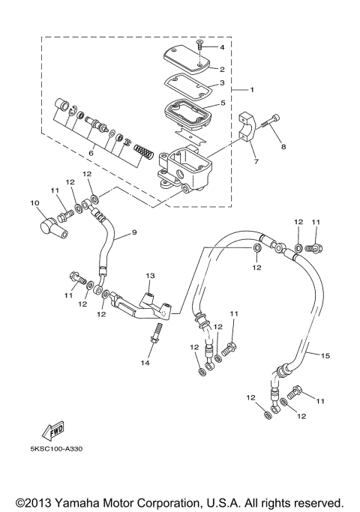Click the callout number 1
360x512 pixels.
[252, 90]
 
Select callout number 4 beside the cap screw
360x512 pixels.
[222, 47]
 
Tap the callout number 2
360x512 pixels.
[222, 68]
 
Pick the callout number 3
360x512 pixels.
[222, 84]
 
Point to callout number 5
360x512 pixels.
[222, 103]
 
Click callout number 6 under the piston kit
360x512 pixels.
[91, 153]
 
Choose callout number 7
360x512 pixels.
[255, 162]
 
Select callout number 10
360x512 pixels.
[34, 203]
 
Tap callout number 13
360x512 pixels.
[149, 276]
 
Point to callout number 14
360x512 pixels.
[145, 363]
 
